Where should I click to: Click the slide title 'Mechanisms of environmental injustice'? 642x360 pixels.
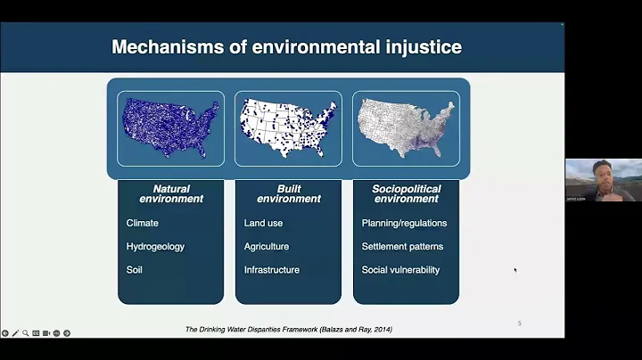coord(286,47)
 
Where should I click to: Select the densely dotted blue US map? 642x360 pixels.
coord(170,127)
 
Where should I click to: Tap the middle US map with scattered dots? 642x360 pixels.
coord(288,127)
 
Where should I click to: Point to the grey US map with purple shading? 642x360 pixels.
coord(406,127)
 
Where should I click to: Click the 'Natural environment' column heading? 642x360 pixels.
coord(171,193)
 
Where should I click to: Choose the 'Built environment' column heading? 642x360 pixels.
coord(288,193)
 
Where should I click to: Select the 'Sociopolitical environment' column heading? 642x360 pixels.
coord(406,193)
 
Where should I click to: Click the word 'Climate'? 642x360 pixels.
coord(143,223)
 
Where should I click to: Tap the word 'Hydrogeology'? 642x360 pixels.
coord(155,247)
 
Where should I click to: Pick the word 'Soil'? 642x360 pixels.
coord(135,270)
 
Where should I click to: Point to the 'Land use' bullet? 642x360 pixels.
coord(264,223)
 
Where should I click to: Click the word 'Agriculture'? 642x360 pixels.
coord(267,247)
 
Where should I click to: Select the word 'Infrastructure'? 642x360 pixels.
coord(272,270)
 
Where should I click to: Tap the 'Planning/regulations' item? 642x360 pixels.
coord(404,223)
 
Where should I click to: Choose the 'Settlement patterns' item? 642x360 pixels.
coord(402,247)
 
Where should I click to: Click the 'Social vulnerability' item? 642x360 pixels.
coord(400,270)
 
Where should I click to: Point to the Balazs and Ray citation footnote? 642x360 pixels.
coord(288,330)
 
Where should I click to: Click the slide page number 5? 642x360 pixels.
coord(520,323)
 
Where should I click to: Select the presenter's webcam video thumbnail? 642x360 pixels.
coord(603,180)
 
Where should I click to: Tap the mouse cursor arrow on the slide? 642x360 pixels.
coord(514,269)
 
